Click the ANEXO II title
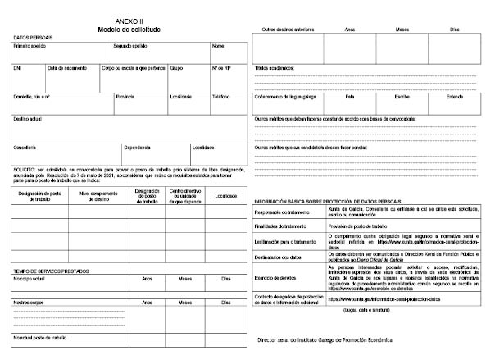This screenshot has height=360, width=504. [x=128, y=21]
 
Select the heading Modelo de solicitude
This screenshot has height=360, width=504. [x=128, y=30]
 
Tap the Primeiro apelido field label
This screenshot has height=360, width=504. [x=30, y=46]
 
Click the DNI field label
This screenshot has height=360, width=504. [x=17, y=68]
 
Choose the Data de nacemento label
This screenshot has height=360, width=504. [x=68, y=68]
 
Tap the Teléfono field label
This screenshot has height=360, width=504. [x=221, y=97]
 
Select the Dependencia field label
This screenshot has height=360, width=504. [x=137, y=148]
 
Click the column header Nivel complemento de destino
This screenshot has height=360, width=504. [x=96, y=195]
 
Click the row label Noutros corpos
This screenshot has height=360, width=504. [x=28, y=302]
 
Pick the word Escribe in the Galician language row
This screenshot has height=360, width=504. [x=402, y=97]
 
